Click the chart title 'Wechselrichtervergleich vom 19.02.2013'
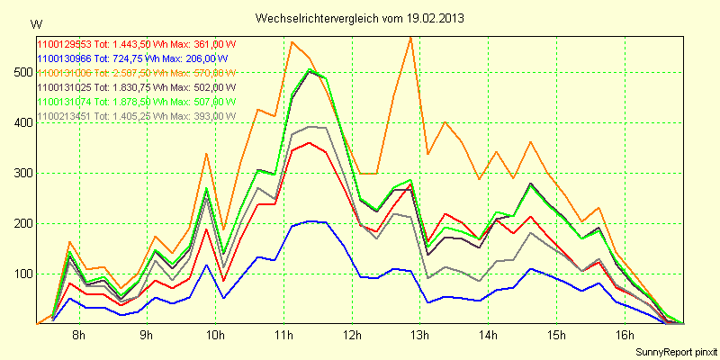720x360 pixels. (x=360, y=18)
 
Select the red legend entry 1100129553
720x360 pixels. (x=135, y=44)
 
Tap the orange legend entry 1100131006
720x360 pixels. (x=135, y=73)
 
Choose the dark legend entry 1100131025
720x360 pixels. (x=135, y=87)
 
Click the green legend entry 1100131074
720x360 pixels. (x=135, y=102)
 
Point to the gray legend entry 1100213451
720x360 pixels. (x=135, y=116)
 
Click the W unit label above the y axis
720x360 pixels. (x=36, y=22)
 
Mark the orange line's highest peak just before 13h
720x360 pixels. (x=410, y=38)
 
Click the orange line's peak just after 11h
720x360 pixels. (x=292, y=41)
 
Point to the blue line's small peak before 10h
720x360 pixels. (x=207, y=265)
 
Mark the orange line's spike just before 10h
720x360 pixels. (x=207, y=154)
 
